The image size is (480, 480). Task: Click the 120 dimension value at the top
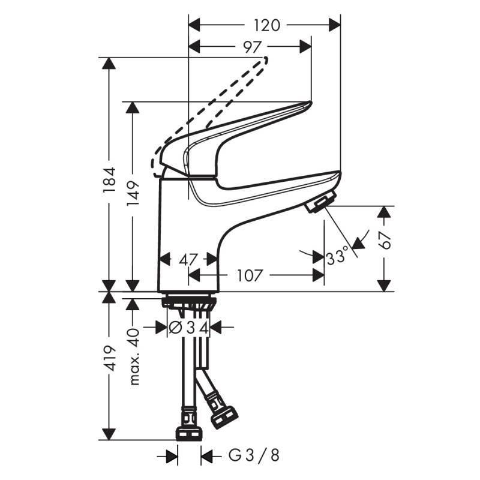click(x=266, y=25)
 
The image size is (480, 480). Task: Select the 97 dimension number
click(x=253, y=47)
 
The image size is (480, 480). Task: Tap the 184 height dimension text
click(x=109, y=179)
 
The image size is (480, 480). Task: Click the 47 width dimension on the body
click(x=187, y=260)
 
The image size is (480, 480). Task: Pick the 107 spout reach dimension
click(x=250, y=275)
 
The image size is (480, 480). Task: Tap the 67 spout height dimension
click(x=385, y=239)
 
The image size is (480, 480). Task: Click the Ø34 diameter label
click(x=189, y=328)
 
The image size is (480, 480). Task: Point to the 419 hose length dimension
click(x=109, y=358)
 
